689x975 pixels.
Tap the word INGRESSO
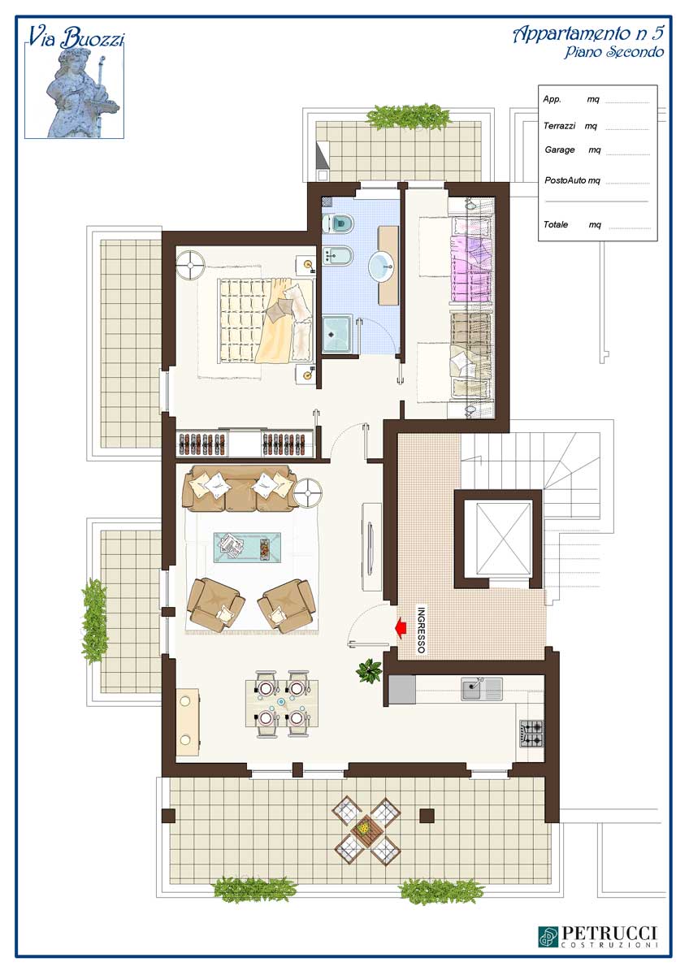pos(420,630)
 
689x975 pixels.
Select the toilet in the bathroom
pos(338,223)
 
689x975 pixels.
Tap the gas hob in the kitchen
pos(532,734)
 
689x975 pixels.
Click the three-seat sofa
pos(240,488)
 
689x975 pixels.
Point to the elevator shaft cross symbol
pos(504,539)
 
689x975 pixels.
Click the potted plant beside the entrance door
pos(369,670)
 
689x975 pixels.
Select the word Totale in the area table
pos(556,224)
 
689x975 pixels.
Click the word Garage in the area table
pos(560,149)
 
